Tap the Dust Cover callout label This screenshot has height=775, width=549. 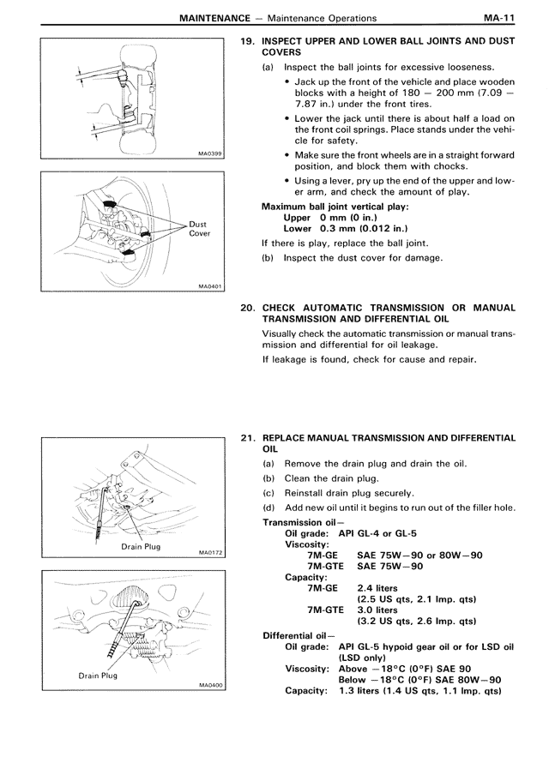point(198,229)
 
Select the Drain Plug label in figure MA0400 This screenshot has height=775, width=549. point(98,676)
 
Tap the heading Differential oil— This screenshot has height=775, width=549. point(295,635)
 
